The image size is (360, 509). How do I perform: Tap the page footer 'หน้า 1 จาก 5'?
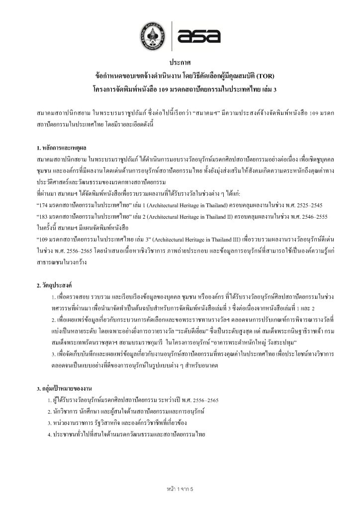[x=180, y=488]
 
